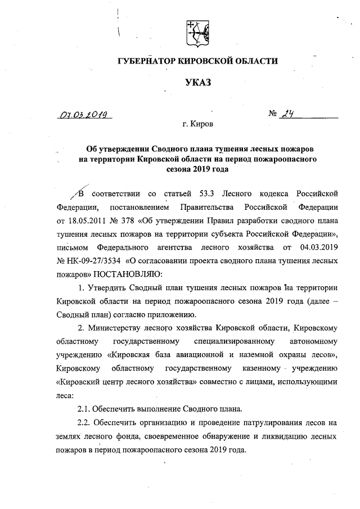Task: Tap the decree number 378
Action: pyautogui.click(x=138, y=219)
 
